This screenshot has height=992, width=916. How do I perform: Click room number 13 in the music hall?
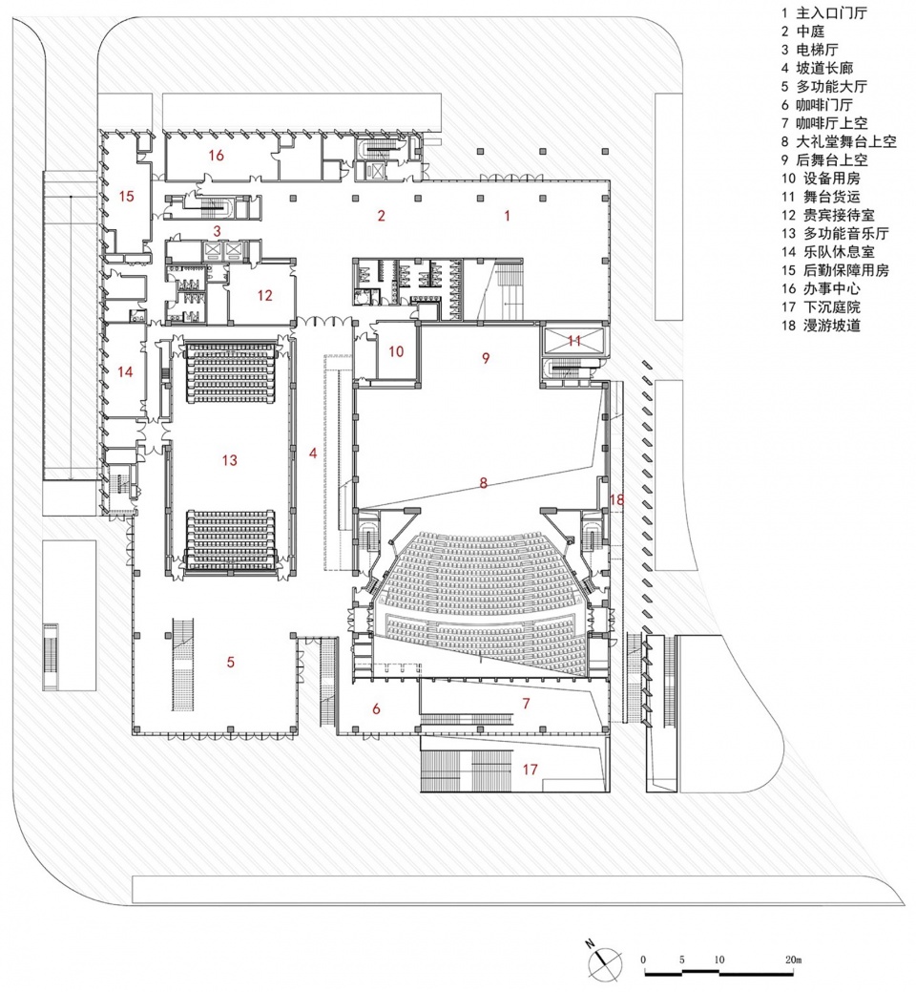click(x=229, y=460)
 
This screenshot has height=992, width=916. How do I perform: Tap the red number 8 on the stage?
click(x=484, y=484)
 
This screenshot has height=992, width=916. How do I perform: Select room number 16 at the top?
click(x=217, y=155)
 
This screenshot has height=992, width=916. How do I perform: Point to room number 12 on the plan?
click(x=264, y=296)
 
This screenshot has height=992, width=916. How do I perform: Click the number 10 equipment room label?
click(x=396, y=351)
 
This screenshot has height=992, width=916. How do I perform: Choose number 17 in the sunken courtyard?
click(x=531, y=769)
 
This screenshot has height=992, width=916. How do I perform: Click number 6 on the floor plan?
click(x=376, y=708)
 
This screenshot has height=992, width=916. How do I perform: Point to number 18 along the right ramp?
click(x=616, y=499)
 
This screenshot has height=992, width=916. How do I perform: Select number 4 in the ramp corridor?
click(x=313, y=454)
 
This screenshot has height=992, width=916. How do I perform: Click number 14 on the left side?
click(x=125, y=371)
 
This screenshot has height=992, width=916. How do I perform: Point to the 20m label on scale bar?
click(x=793, y=959)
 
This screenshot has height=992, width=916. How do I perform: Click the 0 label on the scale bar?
click(x=645, y=959)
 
